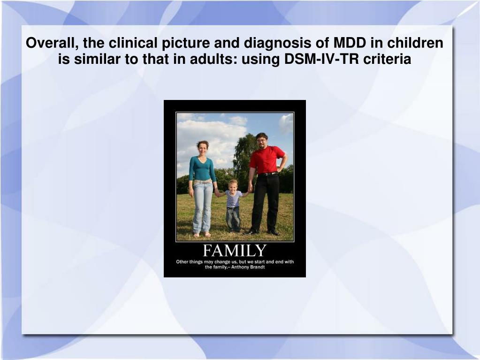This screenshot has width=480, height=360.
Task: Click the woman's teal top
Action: [202, 169]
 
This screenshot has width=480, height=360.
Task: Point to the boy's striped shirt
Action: [233, 199]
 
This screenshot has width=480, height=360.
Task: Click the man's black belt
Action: [267, 174]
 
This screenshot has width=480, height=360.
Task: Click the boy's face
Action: [233, 185]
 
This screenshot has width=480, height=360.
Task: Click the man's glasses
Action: [261, 140]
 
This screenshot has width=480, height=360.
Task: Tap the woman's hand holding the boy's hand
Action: [218, 193]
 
